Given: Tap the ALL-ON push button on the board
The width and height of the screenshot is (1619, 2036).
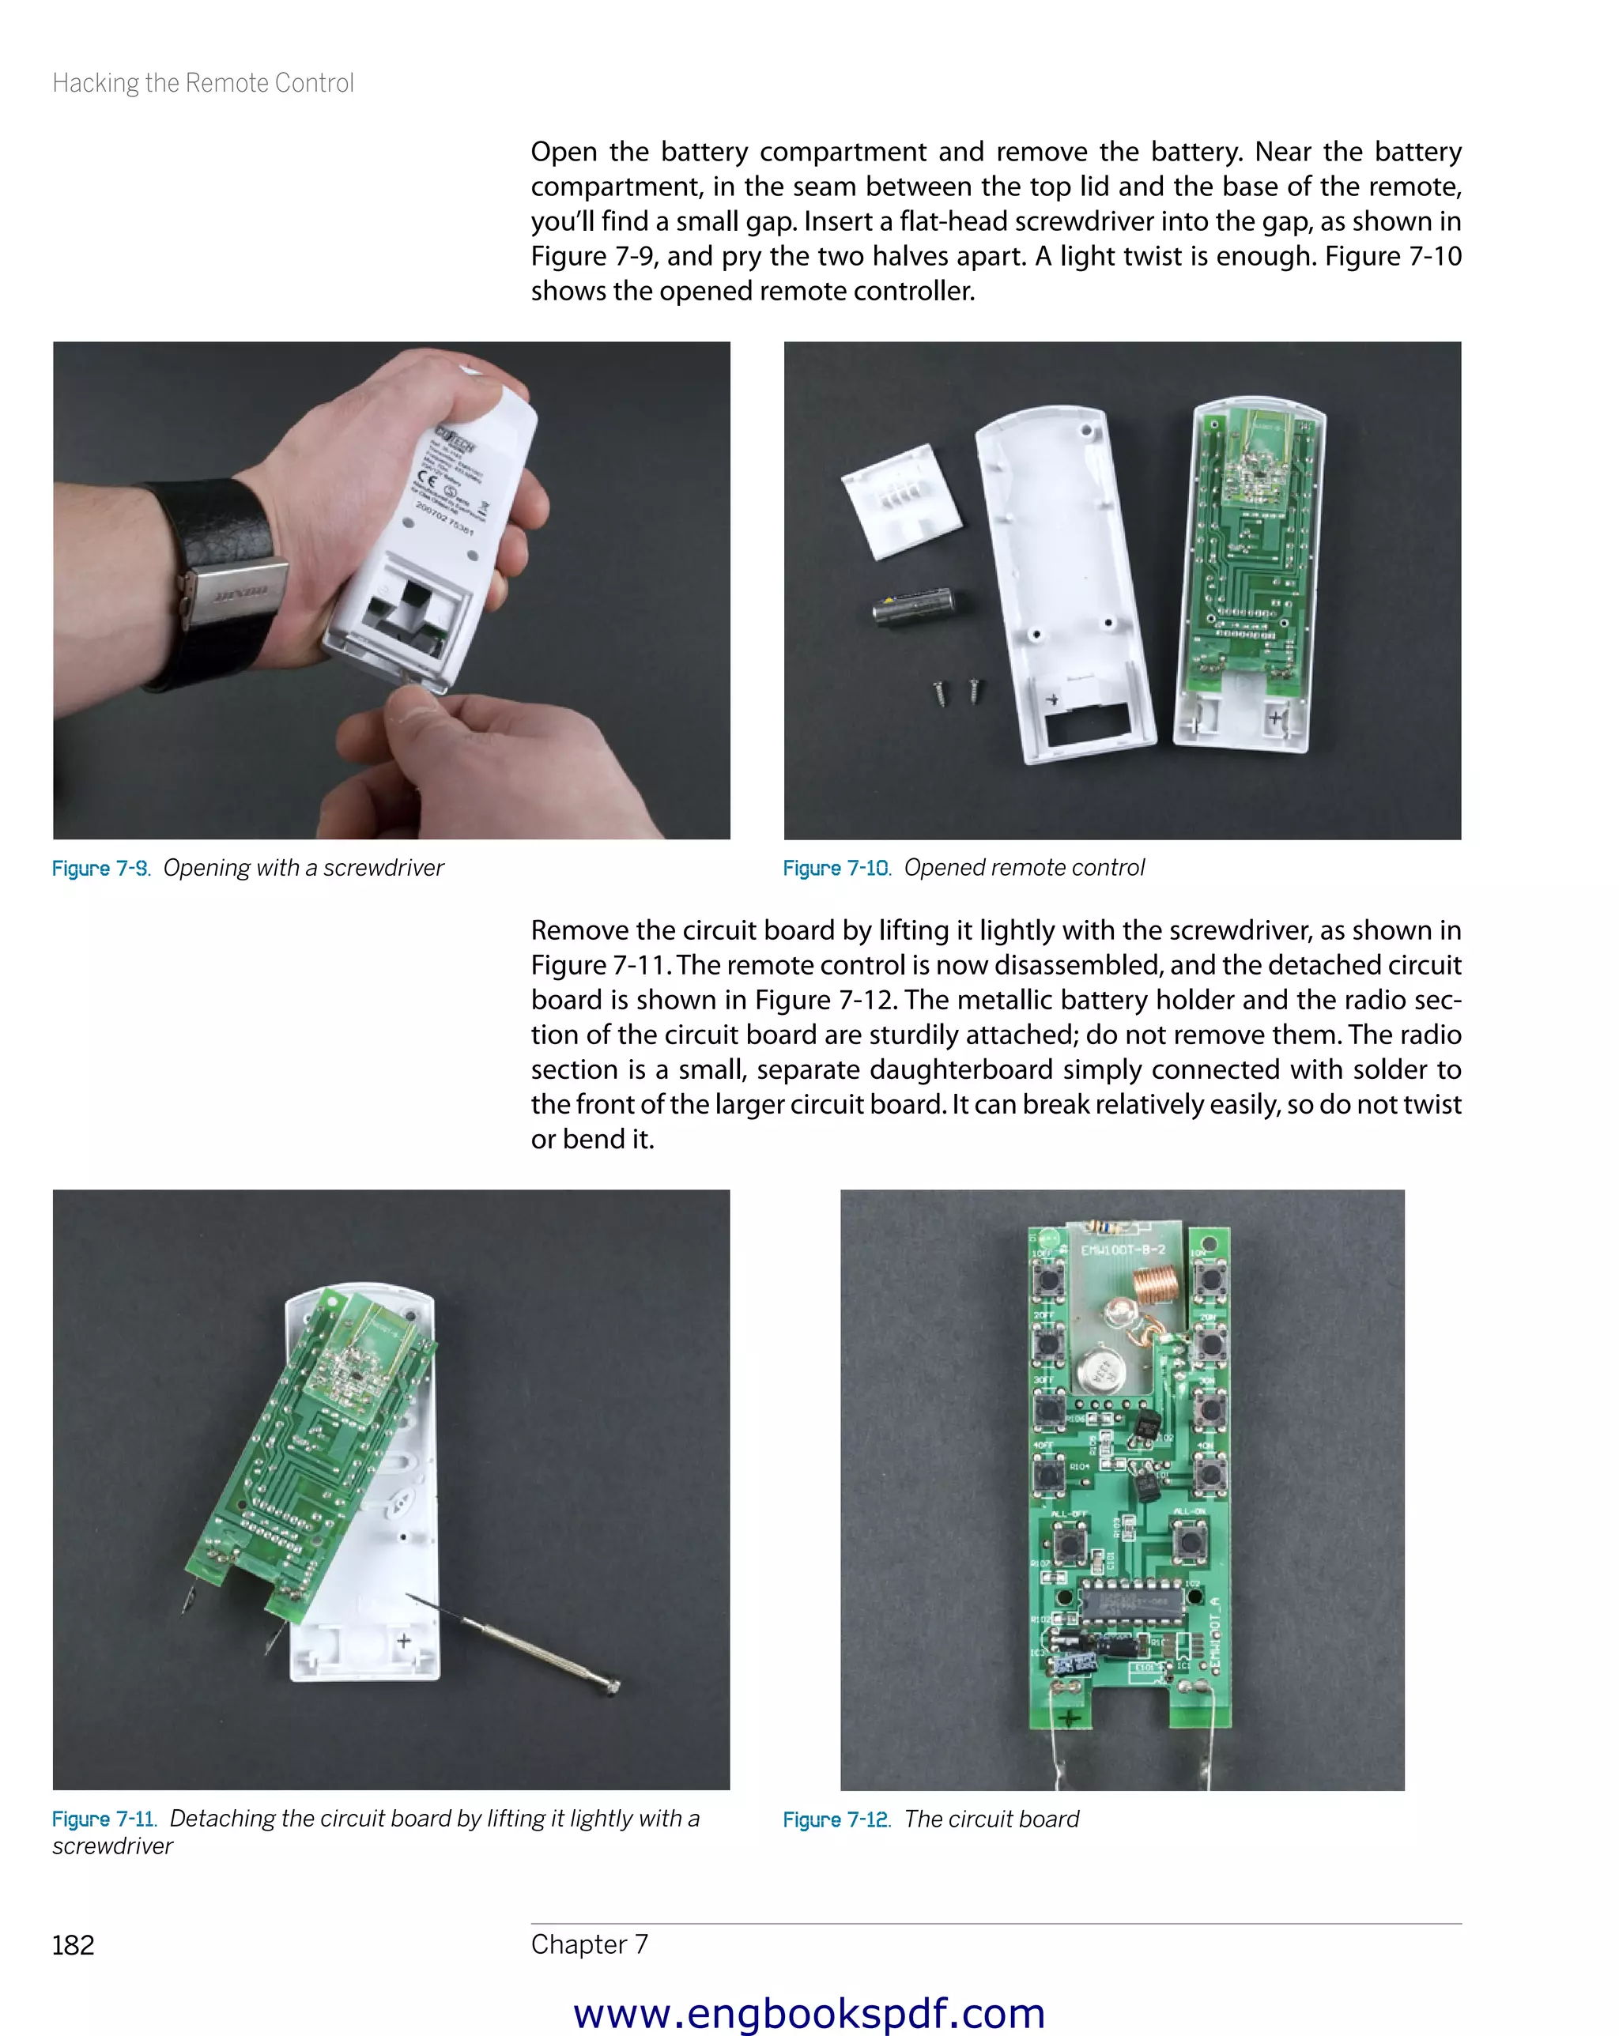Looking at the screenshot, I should pyautogui.click(x=1188, y=1541).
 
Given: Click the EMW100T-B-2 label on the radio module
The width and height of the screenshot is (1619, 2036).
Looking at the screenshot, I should pyautogui.click(x=1123, y=1250).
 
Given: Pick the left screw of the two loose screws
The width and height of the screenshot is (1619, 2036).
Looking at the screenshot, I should pyautogui.click(x=940, y=693).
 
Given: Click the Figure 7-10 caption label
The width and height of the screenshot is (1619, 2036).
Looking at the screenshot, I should pyautogui.click(x=836, y=868).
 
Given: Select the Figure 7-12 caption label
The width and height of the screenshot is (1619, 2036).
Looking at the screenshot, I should pyautogui.click(x=836, y=1819).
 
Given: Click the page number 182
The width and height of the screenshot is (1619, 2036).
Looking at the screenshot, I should pyautogui.click(x=73, y=1945).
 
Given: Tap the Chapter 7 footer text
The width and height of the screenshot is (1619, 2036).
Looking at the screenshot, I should pyautogui.click(x=590, y=1944).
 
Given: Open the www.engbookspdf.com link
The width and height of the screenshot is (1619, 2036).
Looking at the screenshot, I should pyautogui.click(x=809, y=2012).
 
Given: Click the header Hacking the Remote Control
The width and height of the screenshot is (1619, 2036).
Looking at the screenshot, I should pyautogui.click(x=203, y=83).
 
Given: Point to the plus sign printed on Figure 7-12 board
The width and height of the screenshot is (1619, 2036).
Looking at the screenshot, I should pyautogui.click(x=1070, y=1717).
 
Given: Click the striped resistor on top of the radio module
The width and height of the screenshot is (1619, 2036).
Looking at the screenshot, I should pyautogui.click(x=1102, y=1227).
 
